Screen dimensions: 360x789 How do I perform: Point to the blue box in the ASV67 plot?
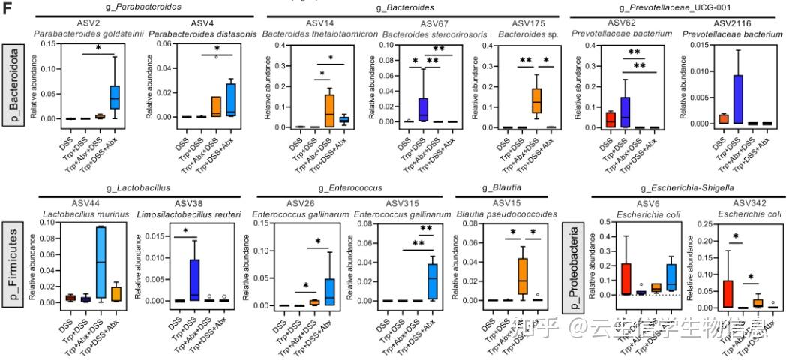[422, 108]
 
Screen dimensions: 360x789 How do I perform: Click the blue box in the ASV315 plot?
[432, 281]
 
